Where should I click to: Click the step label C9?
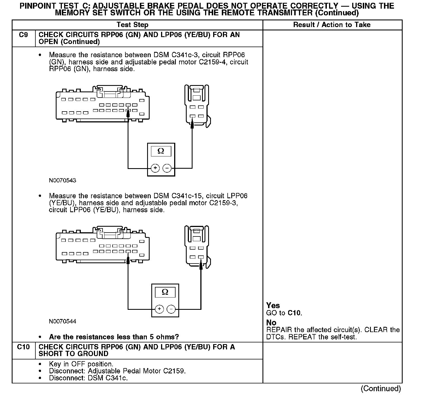23,35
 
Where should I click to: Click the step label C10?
23,347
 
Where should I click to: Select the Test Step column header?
132,25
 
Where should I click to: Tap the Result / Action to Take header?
332,25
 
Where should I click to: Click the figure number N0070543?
62,180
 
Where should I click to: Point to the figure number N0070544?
62,322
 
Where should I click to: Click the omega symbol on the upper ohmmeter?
161,151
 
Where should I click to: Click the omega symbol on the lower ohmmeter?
165,292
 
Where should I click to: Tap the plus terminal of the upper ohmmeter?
155,168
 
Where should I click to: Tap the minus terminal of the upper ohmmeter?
167,168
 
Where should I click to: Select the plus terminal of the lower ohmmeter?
159,309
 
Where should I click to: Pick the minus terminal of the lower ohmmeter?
171,309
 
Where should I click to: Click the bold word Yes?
273,306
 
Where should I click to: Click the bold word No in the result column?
271,323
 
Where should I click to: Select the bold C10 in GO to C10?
294,313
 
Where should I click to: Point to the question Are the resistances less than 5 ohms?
114,337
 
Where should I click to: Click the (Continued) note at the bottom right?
381,389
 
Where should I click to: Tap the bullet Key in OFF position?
81,364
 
